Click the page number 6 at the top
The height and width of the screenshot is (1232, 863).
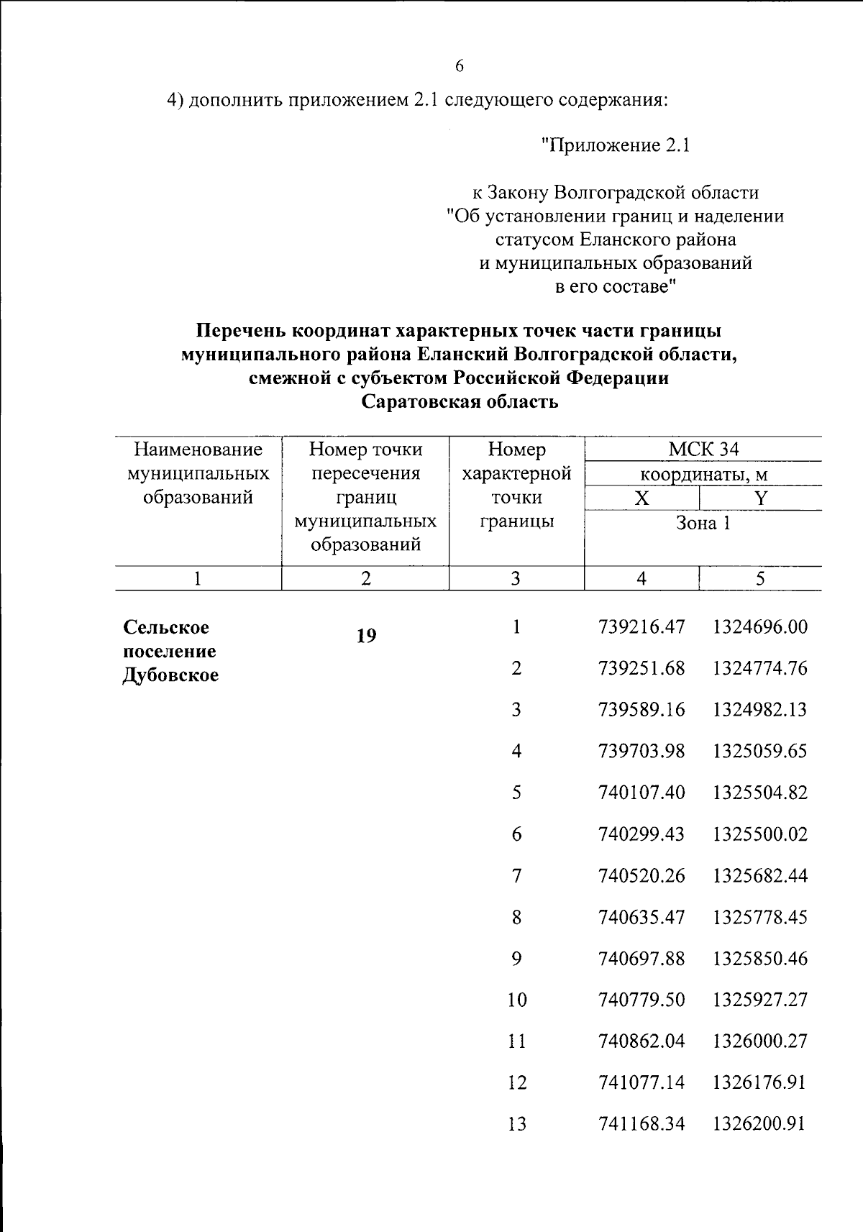pos(460,66)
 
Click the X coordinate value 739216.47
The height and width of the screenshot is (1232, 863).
pos(641,627)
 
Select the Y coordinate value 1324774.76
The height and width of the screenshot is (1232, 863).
pos(759,668)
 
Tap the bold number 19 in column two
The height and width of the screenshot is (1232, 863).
pos(366,636)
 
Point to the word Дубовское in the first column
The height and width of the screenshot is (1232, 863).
pos(170,675)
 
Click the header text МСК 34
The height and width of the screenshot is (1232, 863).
pos(703,450)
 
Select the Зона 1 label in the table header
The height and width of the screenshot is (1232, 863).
pos(703,523)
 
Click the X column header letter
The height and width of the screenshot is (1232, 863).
pos(641,498)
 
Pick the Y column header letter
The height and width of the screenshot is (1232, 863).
pos(760,498)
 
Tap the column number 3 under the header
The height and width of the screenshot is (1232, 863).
pos(516,579)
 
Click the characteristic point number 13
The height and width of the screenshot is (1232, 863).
pos(516,1124)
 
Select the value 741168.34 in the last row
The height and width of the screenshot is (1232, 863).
pos(641,1124)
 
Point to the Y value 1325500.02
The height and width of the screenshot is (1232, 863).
pos(759,834)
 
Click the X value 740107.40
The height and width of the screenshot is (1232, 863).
pos(641,793)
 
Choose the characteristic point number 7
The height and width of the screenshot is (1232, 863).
pos(516,876)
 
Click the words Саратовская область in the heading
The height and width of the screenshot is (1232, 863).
pos(460,401)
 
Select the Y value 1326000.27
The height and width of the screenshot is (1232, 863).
pos(759,1041)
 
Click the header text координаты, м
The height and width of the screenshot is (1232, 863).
pos(703,475)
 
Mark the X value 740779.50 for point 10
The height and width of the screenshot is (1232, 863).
pos(641,1000)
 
